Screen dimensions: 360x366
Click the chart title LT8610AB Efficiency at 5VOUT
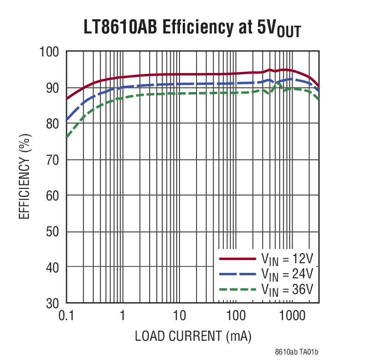click(192, 28)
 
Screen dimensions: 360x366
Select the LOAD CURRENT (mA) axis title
click(193, 336)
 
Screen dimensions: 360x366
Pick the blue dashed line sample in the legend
click(237, 274)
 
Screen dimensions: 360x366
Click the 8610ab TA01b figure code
click(297, 352)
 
